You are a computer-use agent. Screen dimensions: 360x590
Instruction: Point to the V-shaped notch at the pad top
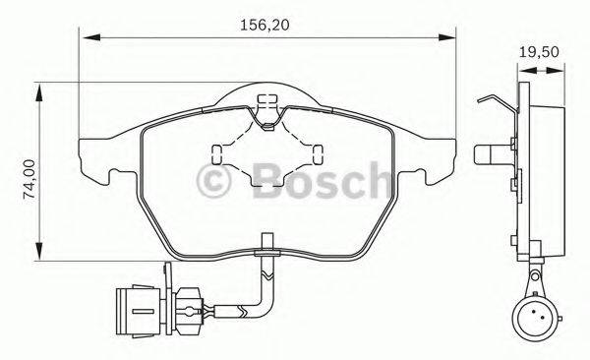click(x=266, y=119)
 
